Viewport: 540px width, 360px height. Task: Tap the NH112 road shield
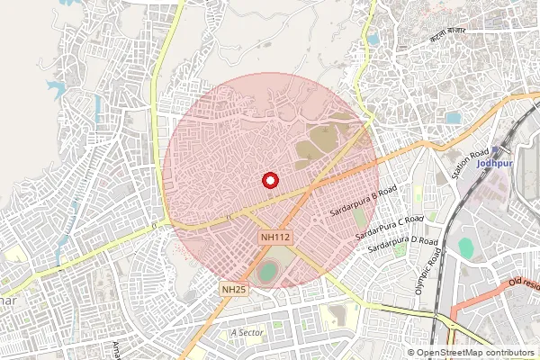275,237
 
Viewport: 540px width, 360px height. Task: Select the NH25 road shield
233,288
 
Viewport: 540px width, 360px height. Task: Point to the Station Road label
474,162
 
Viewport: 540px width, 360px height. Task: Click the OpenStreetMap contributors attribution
474,353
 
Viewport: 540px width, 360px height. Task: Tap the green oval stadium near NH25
267,271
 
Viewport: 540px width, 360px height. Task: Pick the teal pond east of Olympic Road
465,245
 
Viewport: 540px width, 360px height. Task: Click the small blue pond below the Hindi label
452,118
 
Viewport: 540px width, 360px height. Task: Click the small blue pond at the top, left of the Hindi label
373,40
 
